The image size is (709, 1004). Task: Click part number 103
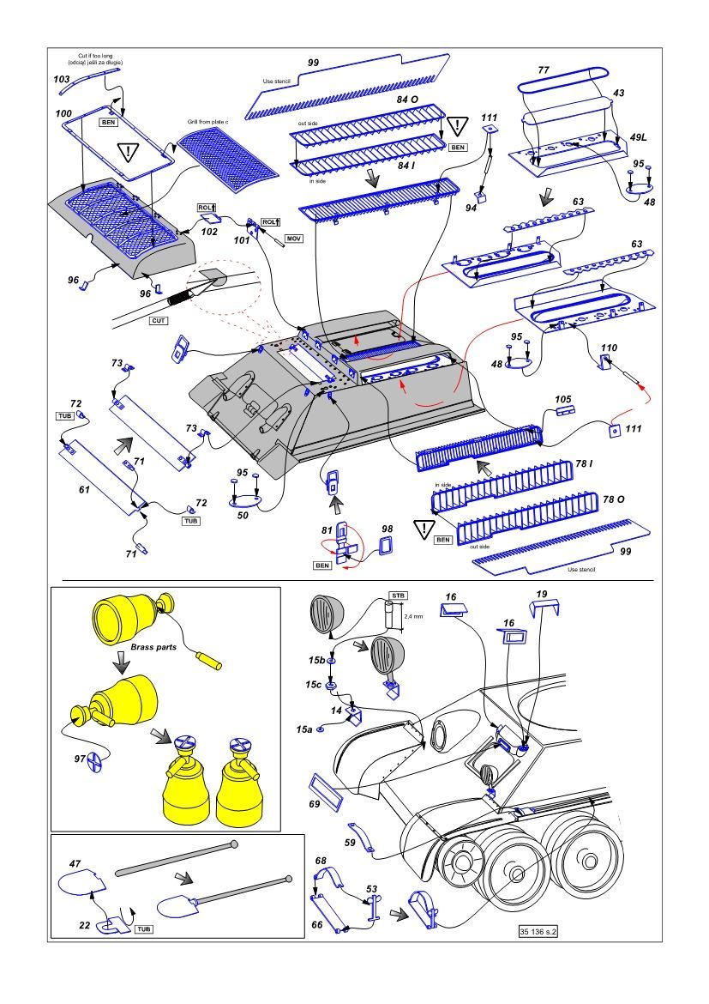coord(62,79)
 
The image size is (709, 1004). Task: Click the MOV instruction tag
coord(295,237)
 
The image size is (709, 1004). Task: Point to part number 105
coord(562,399)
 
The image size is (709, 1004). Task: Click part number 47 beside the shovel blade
coord(75,862)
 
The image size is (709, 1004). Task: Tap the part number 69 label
coord(315,804)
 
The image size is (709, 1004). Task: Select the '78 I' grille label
coord(584,463)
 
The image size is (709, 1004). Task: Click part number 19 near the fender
coord(542,594)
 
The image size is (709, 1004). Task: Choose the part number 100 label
coord(63,113)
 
